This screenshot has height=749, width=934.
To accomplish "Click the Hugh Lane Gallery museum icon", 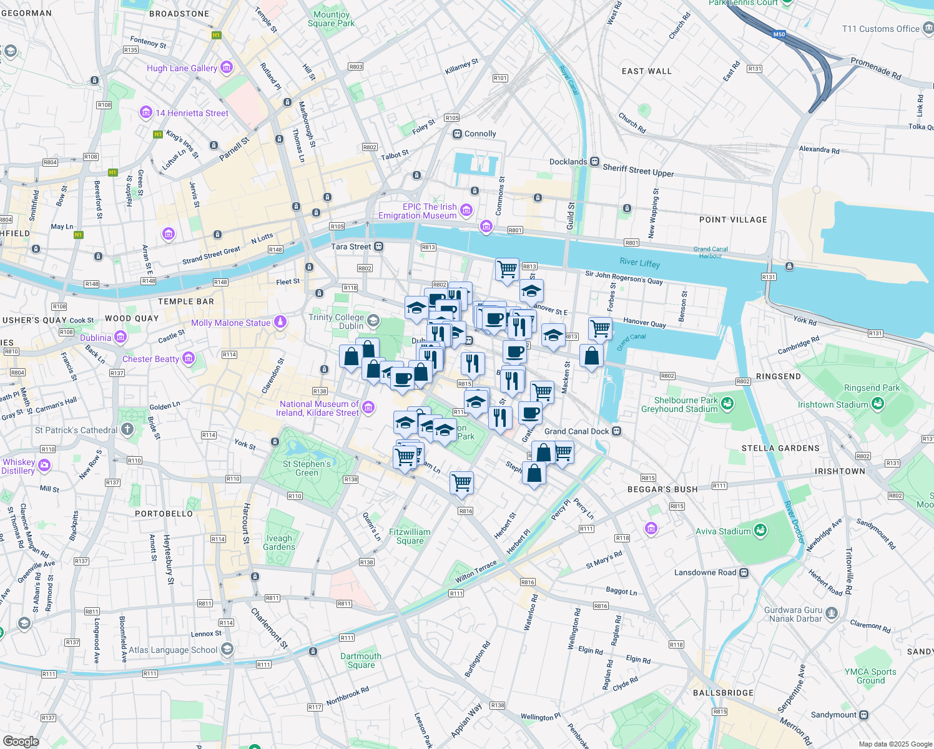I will point(227,67).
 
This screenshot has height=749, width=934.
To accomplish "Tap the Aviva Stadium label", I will point(723,531).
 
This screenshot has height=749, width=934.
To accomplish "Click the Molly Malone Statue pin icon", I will point(280,322).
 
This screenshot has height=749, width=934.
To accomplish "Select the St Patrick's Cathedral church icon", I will point(127,429).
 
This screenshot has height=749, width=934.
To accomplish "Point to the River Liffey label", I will point(639,263).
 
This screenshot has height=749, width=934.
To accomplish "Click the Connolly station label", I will point(480,134).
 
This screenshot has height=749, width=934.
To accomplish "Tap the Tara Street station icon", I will point(378,247).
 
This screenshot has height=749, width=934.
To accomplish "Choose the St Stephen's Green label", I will point(307,468).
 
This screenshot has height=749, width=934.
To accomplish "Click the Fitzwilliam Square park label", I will point(410,536).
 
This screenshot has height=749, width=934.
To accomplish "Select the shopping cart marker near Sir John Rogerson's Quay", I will point(507,270).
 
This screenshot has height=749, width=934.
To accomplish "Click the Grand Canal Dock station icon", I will point(616,431).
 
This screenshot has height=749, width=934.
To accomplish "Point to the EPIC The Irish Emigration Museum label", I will point(417,211).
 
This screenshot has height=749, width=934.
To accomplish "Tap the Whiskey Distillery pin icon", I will point(44,465).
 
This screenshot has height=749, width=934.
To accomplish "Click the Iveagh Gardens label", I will point(279,542).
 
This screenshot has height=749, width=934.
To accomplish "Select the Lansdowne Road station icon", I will point(744,572).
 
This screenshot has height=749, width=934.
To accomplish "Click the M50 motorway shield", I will point(779,34).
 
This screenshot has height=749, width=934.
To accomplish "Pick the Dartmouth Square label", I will point(361,660).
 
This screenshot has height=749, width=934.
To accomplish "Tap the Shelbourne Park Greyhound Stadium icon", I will point(727,404).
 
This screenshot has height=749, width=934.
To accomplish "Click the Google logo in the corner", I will point(21,741).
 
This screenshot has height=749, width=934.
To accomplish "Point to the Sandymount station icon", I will point(864,715).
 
